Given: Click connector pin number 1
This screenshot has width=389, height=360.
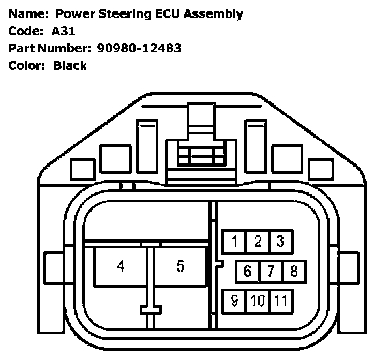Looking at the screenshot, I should tap(235, 242).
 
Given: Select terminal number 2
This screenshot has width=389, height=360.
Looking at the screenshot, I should tap(258, 242).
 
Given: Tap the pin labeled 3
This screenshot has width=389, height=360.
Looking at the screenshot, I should tap(280, 242).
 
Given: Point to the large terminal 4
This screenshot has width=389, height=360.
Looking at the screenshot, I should tap(121, 266).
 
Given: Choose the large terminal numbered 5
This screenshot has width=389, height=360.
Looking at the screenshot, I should tap(180, 266).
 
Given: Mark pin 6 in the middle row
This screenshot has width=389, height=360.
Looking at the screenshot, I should tap(247, 271).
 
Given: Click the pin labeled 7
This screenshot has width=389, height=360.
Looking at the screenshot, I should tap(271, 271).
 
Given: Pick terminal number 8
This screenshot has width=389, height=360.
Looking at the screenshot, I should tap(294, 271).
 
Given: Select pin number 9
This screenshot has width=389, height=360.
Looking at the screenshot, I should tap(234, 301).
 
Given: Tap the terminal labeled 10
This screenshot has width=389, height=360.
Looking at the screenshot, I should tap(258, 301).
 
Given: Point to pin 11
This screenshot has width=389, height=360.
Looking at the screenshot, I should tap(280, 301).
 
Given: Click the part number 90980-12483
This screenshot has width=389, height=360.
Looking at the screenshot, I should tap(139, 48).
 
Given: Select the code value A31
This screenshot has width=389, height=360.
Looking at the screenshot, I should tap(64, 31).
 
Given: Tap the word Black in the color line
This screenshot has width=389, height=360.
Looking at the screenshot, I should tap(70, 66).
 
